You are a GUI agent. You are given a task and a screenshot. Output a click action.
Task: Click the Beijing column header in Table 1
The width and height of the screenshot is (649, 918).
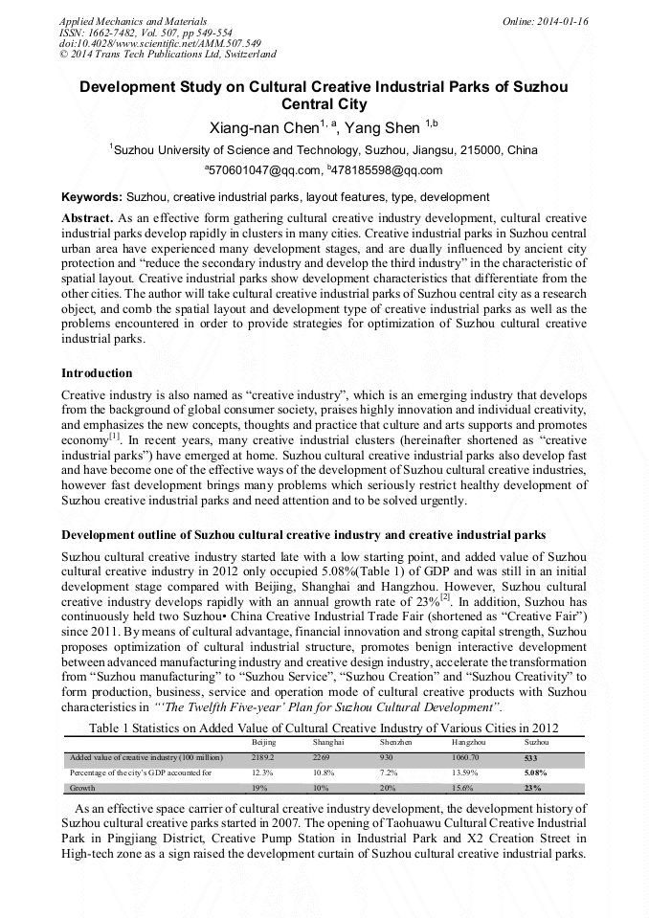263,742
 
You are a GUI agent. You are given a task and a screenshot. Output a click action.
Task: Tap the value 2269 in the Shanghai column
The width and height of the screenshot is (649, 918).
322,757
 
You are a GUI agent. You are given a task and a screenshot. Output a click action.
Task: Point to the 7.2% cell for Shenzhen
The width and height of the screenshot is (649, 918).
388,772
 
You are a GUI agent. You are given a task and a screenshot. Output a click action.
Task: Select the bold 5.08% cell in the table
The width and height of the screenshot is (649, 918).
536,772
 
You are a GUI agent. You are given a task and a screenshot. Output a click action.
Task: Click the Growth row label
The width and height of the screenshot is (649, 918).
83,788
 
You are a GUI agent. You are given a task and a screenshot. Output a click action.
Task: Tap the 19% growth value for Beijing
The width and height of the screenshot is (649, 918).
258,788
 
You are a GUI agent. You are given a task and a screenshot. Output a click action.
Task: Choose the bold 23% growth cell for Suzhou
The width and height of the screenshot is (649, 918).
532,788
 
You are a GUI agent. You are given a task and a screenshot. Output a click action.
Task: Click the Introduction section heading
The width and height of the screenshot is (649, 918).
97,372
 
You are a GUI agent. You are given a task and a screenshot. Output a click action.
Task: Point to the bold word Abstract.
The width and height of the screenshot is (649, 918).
87,217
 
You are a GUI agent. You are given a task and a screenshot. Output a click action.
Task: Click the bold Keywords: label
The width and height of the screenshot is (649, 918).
92,197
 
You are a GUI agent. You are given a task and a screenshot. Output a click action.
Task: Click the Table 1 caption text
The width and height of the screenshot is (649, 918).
324,728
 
